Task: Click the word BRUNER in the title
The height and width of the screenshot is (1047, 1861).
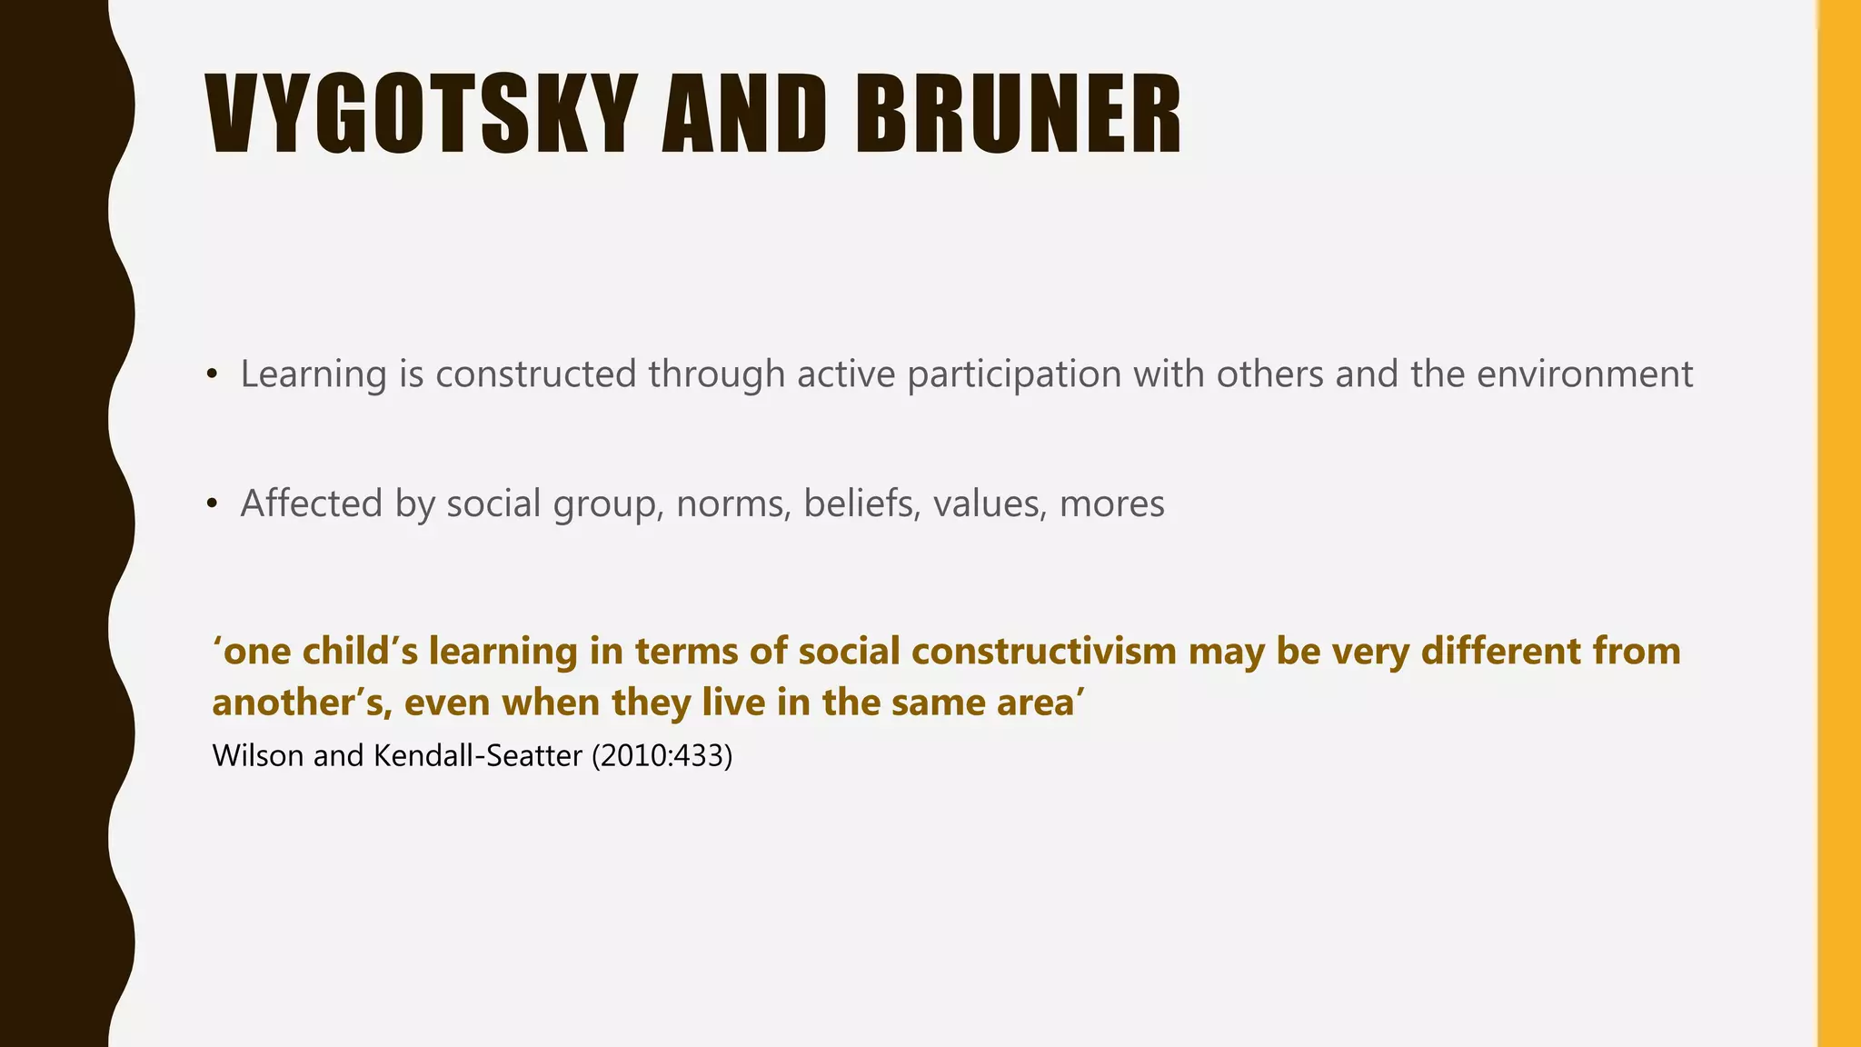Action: (1018, 115)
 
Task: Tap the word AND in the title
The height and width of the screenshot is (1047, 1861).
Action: (744, 115)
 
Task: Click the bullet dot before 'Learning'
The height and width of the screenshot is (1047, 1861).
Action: (212, 374)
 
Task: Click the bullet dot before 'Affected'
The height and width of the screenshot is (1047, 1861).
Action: (212, 504)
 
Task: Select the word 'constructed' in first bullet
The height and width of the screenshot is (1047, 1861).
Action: (535, 374)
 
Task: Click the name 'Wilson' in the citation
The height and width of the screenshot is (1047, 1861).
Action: (257, 755)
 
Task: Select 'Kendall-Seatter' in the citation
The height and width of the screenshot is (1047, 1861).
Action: (477, 755)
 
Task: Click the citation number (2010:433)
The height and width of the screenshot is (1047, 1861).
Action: (662, 755)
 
